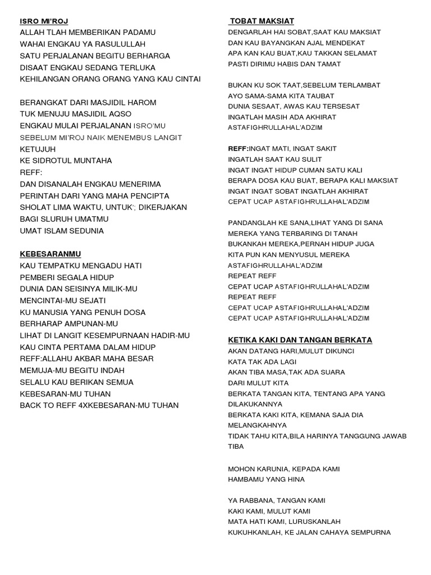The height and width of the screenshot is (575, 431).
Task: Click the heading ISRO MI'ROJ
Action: (44, 21)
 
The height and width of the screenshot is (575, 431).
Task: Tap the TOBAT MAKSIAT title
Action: (263, 21)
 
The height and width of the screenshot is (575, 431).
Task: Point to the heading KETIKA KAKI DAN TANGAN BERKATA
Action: (300, 340)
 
